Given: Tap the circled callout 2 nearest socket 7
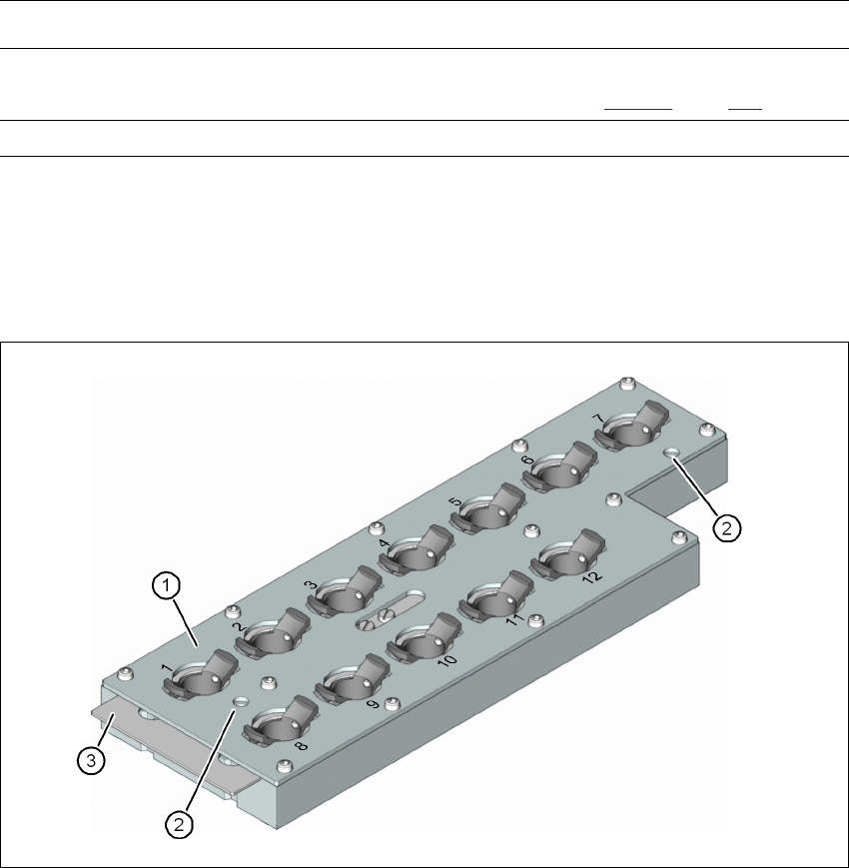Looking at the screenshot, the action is click(730, 528).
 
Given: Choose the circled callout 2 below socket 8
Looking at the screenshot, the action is click(180, 824).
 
